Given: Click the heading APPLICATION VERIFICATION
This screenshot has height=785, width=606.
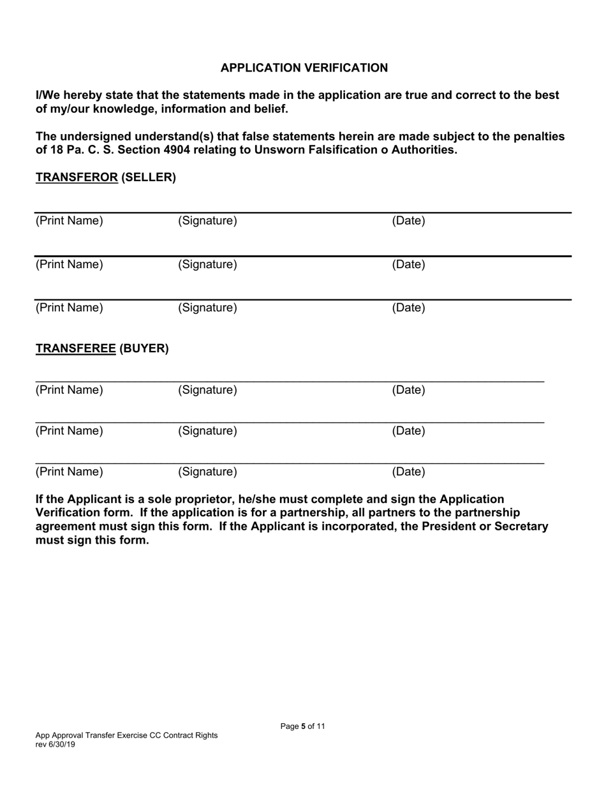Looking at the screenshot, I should (x=304, y=68).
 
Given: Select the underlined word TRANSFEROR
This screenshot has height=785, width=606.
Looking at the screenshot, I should (x=77, y=177).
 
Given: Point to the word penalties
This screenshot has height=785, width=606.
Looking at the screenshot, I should (x=538, y=137).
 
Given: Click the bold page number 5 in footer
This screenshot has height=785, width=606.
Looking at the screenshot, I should (x=304, y=726).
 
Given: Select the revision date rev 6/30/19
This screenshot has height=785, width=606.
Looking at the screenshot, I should (x=55, y=744).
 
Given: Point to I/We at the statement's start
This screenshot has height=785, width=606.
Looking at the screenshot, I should (x=48, y=95).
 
